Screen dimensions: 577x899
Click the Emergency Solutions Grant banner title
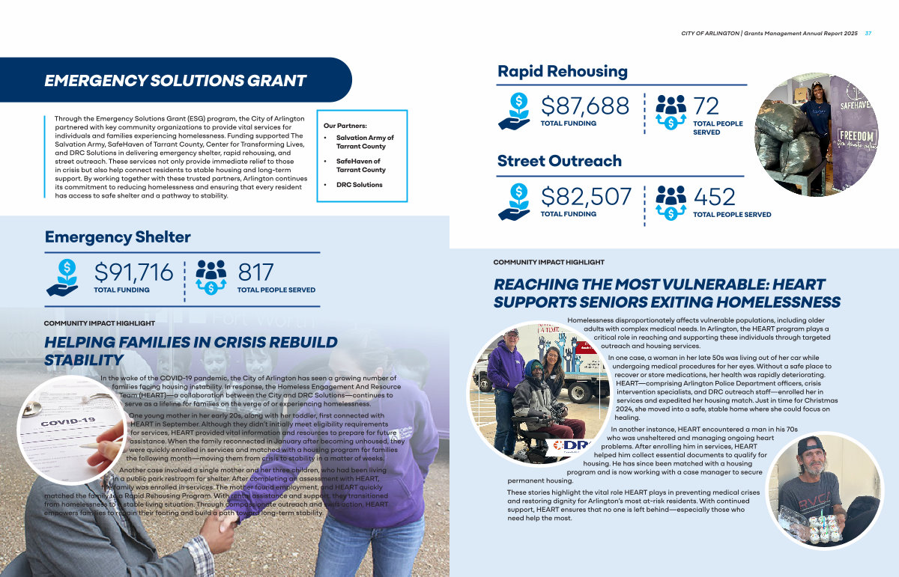pos(175,81)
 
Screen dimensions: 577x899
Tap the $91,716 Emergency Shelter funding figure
pos(133,272)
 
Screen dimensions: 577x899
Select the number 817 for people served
pos(256,272)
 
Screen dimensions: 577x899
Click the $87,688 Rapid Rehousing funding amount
pos(585,106)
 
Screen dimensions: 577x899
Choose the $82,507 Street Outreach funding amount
pos(587,196)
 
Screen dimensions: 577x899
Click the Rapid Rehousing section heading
pos(563,71)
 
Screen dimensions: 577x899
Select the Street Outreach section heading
pos(560,161)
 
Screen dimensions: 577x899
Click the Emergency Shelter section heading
pos(118,237)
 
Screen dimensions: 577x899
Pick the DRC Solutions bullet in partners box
pos(359,185)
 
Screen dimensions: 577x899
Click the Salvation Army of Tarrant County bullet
pos(365,142)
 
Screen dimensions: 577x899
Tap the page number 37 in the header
pos(868,34)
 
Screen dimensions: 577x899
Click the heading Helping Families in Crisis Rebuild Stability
pos(191,351)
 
